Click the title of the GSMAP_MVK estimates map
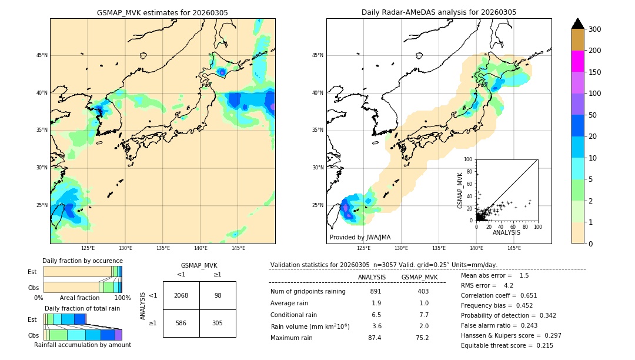[162, 12]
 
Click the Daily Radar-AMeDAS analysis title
[439, 12]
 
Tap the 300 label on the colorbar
[594, 29]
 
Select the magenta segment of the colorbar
[577, 61]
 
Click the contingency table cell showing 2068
[181, 295]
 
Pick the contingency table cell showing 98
[218, 295]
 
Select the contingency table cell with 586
[181, 323]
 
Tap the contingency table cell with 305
[218, 323]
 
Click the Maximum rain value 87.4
[375, 338]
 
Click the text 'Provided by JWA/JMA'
[360, 238]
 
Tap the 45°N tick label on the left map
[42, 55]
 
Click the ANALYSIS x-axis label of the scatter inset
[506, 233]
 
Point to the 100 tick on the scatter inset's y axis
[468, 159]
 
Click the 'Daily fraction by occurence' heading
[82, 261]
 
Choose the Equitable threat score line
[507, 345]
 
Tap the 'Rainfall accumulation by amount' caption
[82, 345]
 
